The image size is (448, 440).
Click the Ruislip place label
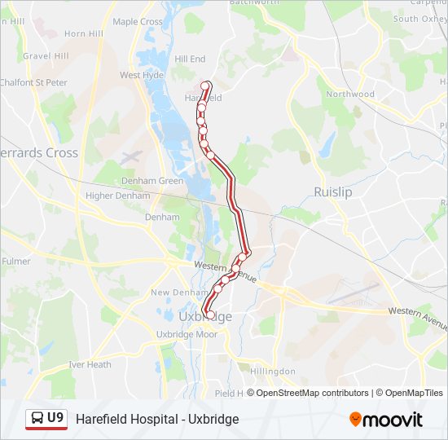[332, 191]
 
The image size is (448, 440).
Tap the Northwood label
[350, 94]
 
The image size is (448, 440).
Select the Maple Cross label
[138, 22]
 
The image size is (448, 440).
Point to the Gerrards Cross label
[38, 152]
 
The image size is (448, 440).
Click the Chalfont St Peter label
[34, 82]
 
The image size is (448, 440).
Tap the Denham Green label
[152, 181]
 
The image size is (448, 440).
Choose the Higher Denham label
[117, 196]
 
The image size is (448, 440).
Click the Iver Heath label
[90, 364]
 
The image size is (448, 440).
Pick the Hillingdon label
[273, 371]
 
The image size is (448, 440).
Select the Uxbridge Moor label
[187, 334]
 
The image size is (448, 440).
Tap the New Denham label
[175, 293]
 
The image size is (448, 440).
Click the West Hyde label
[142, 75]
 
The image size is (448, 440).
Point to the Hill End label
[190, 59]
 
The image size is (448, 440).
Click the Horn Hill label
[84, 33]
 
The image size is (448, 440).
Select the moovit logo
[386, 419]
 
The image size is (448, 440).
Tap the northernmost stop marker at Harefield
[206, 85]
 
